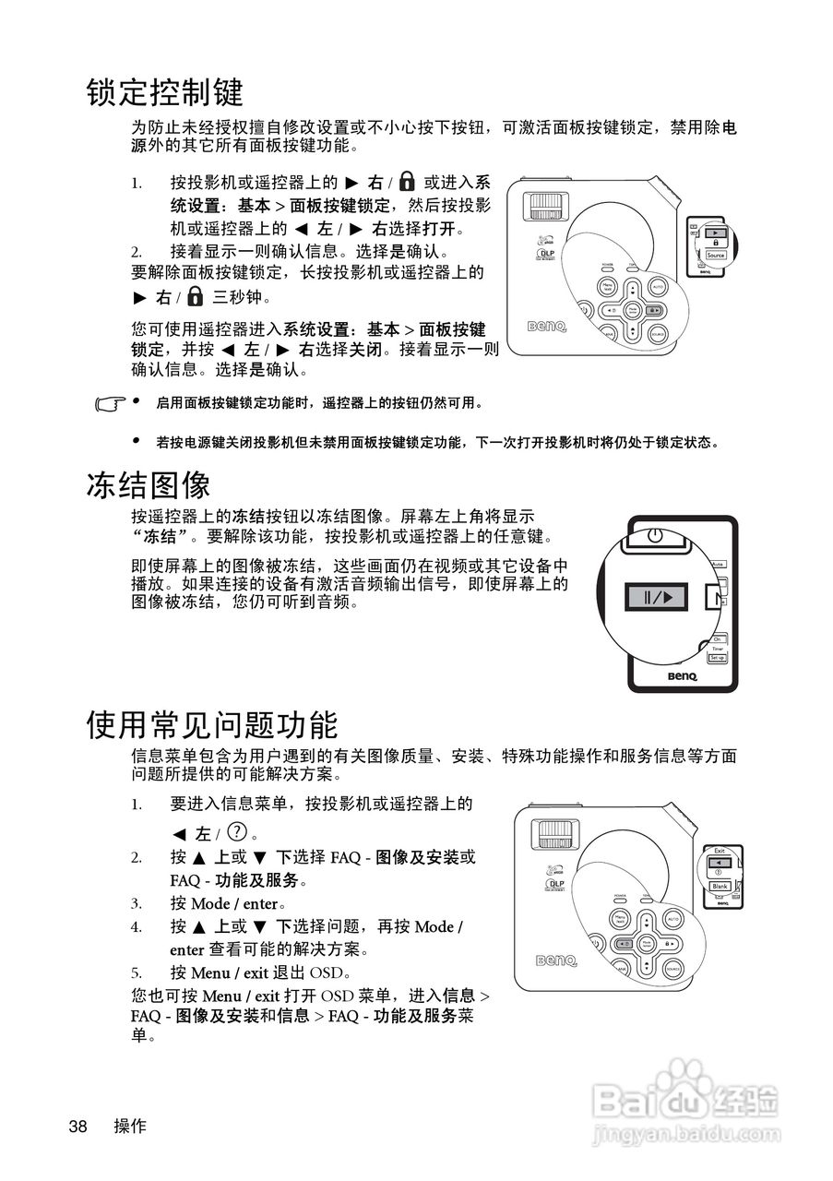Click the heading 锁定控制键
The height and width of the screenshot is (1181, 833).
(x=165, y=92)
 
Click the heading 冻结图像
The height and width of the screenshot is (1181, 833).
(x=149, y=485)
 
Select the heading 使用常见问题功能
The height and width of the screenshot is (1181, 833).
(x=212, y=724)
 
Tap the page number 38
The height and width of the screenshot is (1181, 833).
(x=77, y=1127)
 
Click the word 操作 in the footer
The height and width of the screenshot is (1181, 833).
(x=130, y=1127)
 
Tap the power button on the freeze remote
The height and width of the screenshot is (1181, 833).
(x=654, y=535)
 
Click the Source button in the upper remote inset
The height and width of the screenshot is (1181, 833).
(x=715, y=255)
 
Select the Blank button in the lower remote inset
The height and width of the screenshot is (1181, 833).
(x=720, y=886)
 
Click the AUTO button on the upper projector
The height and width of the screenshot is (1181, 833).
(x=658, y=288)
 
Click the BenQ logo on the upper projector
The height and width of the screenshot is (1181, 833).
(x=545, y=326)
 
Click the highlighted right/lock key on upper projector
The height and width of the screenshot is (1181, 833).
(x=653, y=311)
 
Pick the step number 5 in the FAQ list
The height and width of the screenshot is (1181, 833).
(x=136, y=972)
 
